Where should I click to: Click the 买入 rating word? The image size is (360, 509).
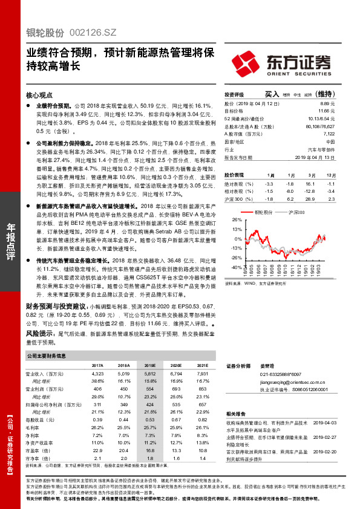pos(272,94)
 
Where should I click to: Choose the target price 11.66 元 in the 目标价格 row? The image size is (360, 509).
pos(325,112)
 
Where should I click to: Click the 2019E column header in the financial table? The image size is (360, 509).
pos(150,366)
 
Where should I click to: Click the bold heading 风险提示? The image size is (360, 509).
pos(39,333)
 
